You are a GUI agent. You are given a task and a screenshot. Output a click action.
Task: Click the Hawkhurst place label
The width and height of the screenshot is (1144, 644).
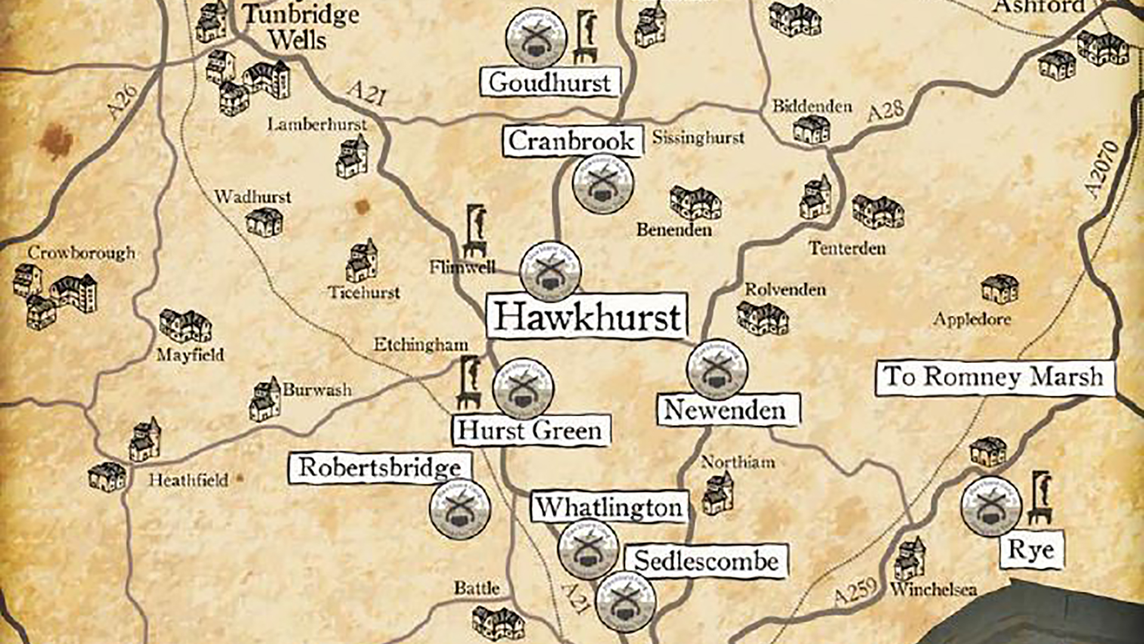pyautogui.click(x=587, y=316)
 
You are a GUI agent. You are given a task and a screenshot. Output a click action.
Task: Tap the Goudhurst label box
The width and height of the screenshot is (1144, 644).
pyautogui.click(x=550, y=82)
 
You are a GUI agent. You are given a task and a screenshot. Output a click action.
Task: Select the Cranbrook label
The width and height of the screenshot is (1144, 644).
pyautogui.click(x=572, y=141)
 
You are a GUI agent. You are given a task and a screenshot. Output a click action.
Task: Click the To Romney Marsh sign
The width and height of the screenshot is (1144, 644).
pyautogui.click(x=994, y=377)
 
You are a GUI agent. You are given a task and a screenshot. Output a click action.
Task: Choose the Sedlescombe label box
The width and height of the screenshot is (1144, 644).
pyautogui.click(x=706, y=561)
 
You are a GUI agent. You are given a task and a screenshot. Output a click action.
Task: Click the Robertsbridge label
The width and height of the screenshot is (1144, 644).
pyautogui.click(x=380, y=467)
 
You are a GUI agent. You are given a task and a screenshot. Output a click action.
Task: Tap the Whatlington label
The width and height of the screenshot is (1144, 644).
pyautogui.click(x=609, y=507)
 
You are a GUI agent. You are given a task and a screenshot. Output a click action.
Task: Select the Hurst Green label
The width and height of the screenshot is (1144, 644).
pyautogui.click(x=530, y=431)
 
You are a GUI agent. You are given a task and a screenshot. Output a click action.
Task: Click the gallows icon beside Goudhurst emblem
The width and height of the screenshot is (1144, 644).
pyautogui.click(x=586, y=37)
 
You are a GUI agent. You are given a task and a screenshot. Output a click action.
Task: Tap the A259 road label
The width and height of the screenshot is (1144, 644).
pyautogui.click(x=856, y=591)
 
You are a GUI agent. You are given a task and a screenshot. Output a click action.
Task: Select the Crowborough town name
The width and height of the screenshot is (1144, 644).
pyautogui.click(x=82, y=253)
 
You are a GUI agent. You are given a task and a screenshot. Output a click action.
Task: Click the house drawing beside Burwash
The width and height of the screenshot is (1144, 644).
pyautogui.click(x=265, y=400)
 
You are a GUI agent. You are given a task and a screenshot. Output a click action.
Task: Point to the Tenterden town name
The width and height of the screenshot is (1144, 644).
pyautogui.click(x=847, y=248)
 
